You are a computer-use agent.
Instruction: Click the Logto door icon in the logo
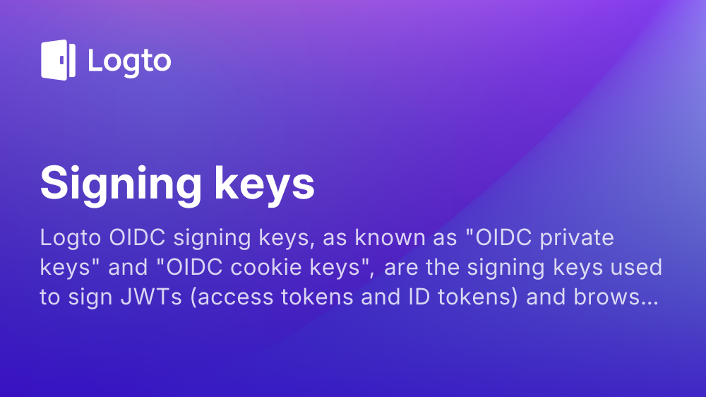coord(58,60)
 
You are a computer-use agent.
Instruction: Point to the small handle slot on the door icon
coord(62,60)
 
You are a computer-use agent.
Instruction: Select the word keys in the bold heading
coord(264,184)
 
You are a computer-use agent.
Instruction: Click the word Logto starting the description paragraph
coord(71,238)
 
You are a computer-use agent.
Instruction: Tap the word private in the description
coord(577,238)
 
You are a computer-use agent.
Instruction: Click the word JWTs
coord(151,297)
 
